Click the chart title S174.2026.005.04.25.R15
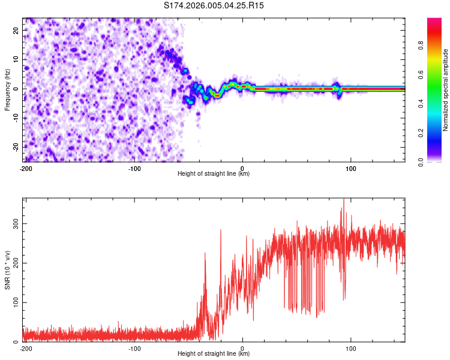214,5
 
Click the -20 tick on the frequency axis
15,147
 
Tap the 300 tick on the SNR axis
14,223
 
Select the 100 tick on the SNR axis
14,302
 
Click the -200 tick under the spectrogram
26,169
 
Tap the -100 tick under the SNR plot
134,349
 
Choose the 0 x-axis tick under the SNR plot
242,349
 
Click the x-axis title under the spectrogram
214,174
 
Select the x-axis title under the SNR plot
214,354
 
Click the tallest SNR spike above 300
344,200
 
